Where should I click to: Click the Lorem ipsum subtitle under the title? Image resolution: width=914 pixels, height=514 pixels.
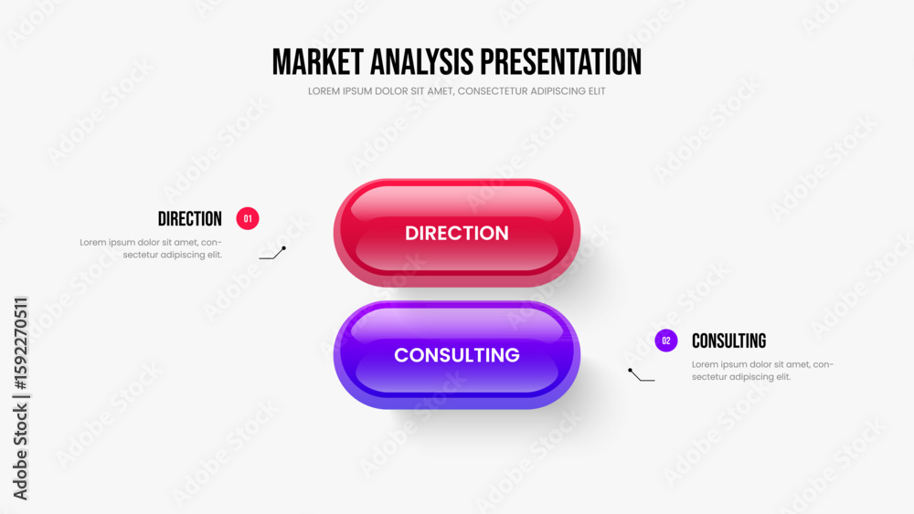[456, 91]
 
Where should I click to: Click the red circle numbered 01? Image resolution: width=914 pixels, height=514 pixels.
[248, 219]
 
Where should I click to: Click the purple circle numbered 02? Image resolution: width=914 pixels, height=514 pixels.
[666, 341]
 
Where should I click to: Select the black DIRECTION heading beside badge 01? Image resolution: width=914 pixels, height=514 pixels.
[190, 219]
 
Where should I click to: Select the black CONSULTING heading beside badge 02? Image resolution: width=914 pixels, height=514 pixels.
[728, 341]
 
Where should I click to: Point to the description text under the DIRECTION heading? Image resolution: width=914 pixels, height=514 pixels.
[151, 248]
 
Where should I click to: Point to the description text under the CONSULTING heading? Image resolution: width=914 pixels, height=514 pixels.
[763, 371]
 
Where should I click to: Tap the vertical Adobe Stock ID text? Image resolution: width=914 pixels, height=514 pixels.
[21, 399]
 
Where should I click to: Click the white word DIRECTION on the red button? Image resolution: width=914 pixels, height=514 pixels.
[457, 233]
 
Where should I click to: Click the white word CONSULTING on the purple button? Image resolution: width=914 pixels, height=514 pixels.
[457, 355]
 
